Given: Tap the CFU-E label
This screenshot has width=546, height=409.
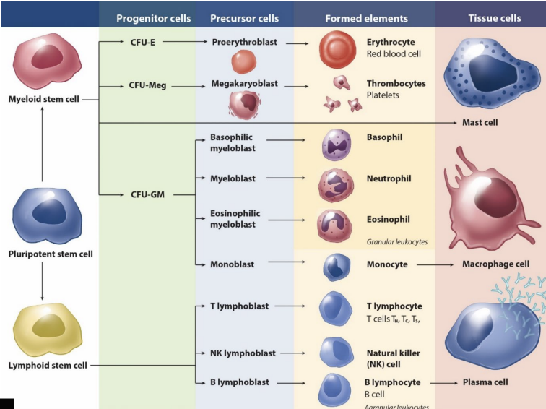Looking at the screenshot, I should (144, 43).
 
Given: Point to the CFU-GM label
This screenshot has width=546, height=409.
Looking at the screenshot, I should (147, 194).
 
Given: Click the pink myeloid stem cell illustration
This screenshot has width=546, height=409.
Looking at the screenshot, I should (43, 63).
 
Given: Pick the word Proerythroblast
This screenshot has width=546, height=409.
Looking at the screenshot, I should (243, 43).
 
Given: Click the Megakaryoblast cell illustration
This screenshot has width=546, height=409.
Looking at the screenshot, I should (243, 106).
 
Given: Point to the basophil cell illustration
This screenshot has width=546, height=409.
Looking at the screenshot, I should (337, 144).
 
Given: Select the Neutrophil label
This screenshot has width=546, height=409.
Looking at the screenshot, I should (389, 178).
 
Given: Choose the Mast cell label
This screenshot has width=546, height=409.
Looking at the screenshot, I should (480, 123).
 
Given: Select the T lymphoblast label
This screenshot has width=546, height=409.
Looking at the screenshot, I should (239, 306).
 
